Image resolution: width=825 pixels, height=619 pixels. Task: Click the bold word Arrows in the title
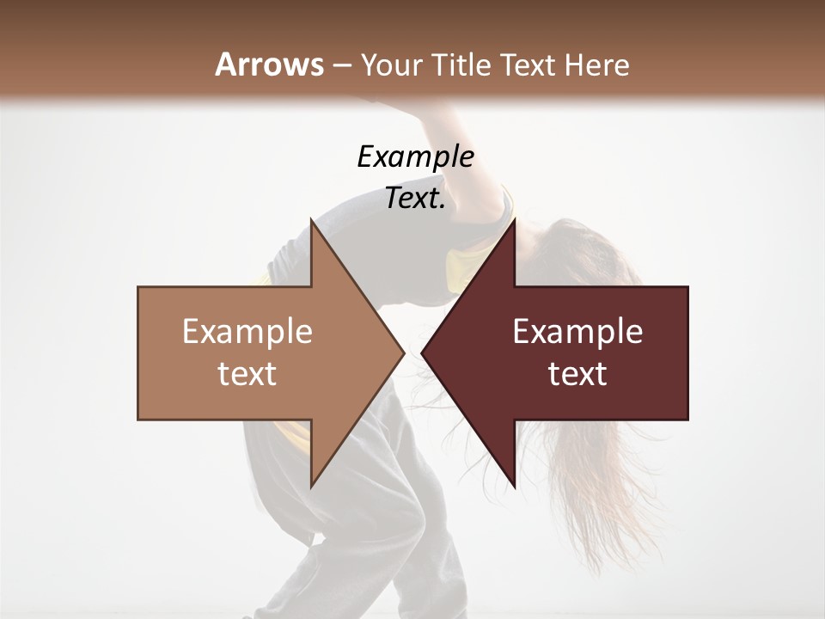269,64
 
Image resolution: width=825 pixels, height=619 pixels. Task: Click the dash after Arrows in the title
341,66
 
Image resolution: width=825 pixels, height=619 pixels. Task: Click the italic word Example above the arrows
415,157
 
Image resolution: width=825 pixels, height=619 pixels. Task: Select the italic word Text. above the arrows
415,199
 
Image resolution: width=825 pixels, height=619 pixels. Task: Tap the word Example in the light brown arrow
247,332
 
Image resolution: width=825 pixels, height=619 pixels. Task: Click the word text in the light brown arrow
247,374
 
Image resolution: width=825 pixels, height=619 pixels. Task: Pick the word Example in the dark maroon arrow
577,332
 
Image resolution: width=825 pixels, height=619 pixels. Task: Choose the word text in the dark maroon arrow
577,374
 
